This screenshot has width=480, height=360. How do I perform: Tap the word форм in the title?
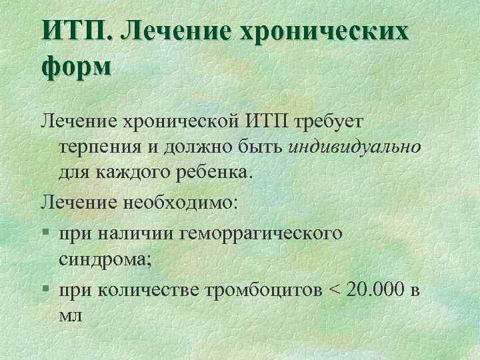[75, 67]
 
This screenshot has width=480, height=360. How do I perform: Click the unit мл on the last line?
[70, 315]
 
